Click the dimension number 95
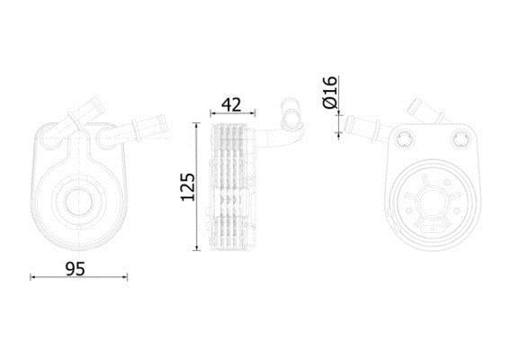[x=76, y=268]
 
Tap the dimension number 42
[x=231, y=104]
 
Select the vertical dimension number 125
[x=188, y=187]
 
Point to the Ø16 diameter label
[x=329, y=92]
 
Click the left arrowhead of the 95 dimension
[x=32, y=277]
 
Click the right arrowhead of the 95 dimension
[x=125, y=277]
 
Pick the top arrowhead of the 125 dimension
[x=196, y=125]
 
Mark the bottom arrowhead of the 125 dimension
[x=196, y=248]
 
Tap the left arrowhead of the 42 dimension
[x=212, y=113]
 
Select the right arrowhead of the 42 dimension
[x=253, y=113]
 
